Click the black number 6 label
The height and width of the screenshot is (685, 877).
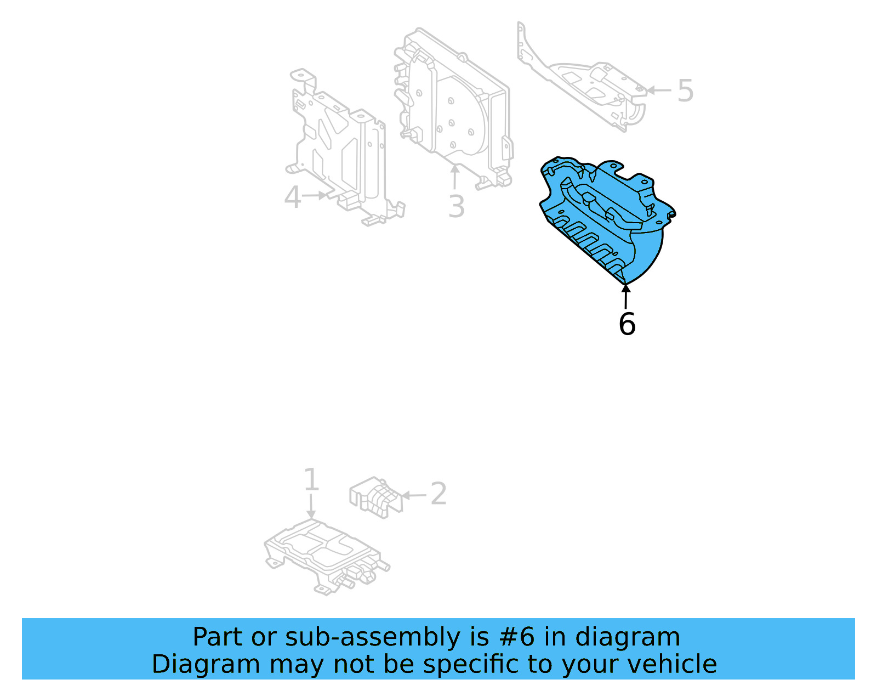click(627, 324)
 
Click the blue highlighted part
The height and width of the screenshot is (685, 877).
click(608, 219)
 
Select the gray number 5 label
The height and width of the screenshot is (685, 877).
click(685, 90)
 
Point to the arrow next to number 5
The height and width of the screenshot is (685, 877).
click(659, 90)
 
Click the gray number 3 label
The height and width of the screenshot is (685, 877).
click(456, 207)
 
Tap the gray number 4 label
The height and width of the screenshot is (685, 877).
click(292, 197)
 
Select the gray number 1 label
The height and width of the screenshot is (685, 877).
click(311, 480)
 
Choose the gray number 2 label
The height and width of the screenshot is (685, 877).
click(438, 494)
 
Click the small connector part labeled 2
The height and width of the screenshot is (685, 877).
click(375, 496)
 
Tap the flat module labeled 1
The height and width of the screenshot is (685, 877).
click(323, 554)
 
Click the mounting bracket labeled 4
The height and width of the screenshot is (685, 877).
click(340, 148)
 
